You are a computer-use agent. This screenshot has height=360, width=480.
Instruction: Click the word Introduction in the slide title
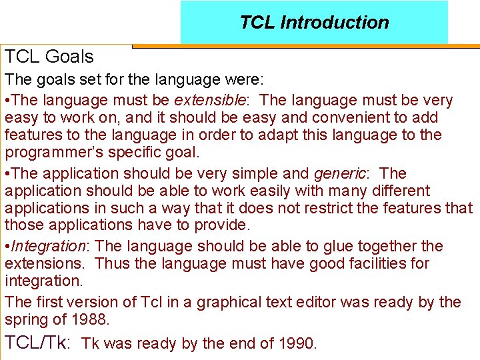click(x=335, y=23)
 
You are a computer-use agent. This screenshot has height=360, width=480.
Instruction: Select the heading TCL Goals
click(x=49, y=57)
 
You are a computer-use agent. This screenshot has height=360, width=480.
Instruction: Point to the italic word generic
click(x=339, y=173)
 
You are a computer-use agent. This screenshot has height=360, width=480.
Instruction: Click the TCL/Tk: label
click(x=37, y=343)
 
